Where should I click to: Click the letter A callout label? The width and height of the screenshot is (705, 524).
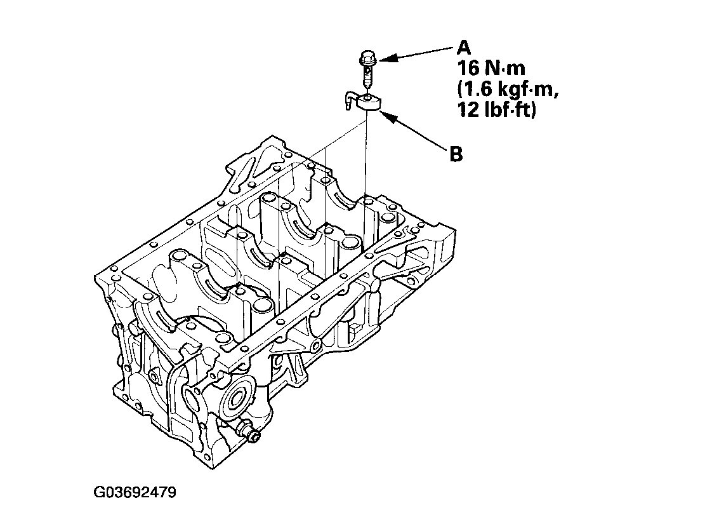point(464,47)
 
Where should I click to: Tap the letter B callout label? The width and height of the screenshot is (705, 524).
point(456,154)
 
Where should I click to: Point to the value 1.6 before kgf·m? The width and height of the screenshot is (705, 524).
point(475,90)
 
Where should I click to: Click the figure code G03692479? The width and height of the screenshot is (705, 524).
point(135,492)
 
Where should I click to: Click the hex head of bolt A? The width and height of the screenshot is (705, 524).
point(367,58)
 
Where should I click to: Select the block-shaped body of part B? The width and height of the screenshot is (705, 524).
point(369,103)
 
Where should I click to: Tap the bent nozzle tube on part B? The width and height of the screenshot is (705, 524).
point(350,100)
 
